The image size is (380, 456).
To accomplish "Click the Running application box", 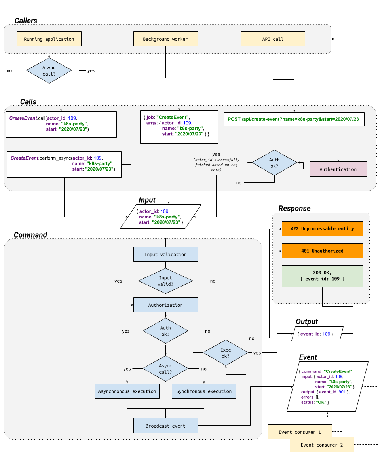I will (x=49, y=39).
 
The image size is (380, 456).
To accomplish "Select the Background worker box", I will (x=165, y=39).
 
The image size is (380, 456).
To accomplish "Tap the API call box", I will (x=273, y=39).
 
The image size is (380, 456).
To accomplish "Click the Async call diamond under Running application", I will (x=49, y=70).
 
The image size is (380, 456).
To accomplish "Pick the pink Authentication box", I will (x=338, y=169).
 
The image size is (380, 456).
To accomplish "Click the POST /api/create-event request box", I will (x=294, y=119).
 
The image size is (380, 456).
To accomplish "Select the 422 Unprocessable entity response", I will (x=322, y=229).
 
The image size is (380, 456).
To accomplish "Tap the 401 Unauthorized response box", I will (x=322, y=251).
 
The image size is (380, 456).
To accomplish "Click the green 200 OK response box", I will (x=322, y=276).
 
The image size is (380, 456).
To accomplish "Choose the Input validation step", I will (x=165, y=254).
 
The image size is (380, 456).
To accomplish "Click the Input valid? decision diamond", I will (x=165, y=281).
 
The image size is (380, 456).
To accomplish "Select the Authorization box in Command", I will (x=165, y=305).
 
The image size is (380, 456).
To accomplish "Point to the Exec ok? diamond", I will (x=225, y=353).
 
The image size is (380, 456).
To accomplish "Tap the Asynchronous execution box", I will (x=127, y=391).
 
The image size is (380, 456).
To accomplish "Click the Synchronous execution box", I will (x=204, y=391).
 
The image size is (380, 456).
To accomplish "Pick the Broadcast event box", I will (x=165, y=426).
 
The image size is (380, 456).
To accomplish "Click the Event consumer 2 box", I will (x=321, y=445).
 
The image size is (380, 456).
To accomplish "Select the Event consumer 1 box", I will (x=300, y=432).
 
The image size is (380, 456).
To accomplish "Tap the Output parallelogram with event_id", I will (x=318, y=334).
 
